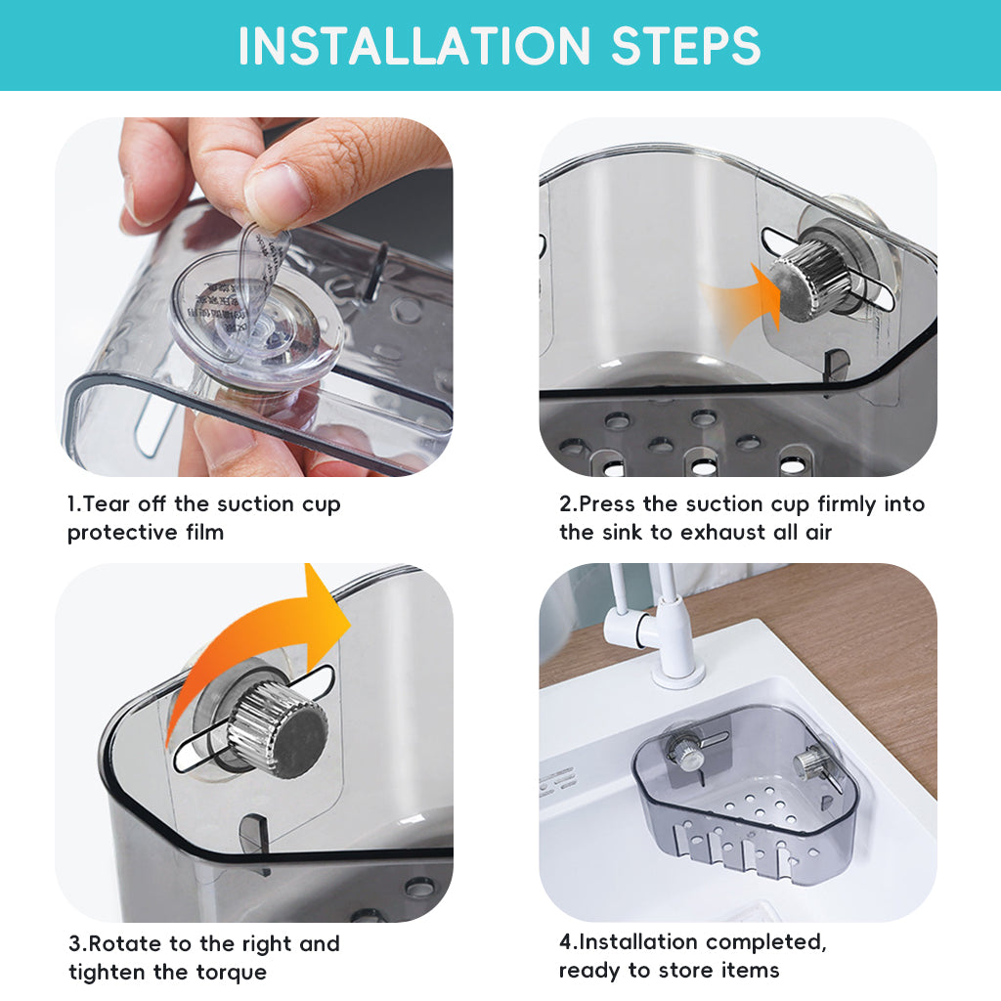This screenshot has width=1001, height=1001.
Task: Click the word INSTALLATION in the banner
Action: point(414,46)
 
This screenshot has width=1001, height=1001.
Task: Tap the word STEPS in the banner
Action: point(686,46)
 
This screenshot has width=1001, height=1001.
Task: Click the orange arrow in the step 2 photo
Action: point(744,305)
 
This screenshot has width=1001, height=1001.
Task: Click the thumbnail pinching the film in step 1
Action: point(276,191)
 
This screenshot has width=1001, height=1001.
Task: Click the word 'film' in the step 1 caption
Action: point(205,532)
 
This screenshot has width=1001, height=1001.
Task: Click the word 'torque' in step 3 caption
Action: point(232,973)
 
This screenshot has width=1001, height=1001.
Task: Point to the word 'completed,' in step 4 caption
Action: point(766,942)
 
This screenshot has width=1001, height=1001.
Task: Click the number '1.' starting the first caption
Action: point(74,503)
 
